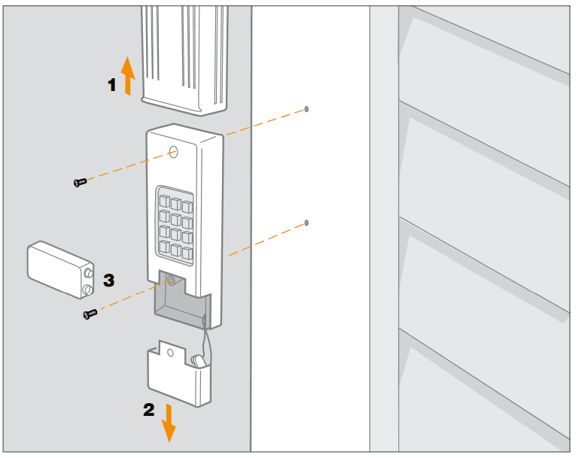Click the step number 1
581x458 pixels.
tap(112, 85)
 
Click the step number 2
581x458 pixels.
tap(149, 411)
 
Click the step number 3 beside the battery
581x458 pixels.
tap(109, 280)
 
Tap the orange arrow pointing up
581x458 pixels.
tap(128, 75)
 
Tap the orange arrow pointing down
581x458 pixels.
tap(168, 423)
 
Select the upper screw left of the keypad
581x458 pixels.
tap(80, 181)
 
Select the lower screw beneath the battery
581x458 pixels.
tap(90, 314)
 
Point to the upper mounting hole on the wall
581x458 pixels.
tap(306, 109)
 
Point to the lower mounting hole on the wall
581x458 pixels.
tap(306, 223)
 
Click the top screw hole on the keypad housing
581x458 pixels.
tap(173, 152)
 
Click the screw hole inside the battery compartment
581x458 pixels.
tap(171, 281)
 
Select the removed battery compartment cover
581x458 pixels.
tap(178, 376)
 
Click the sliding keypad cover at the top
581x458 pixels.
tap(184, 56)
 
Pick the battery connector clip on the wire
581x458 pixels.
tap(200, 362)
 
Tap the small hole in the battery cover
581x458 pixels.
tap(171, 351)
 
